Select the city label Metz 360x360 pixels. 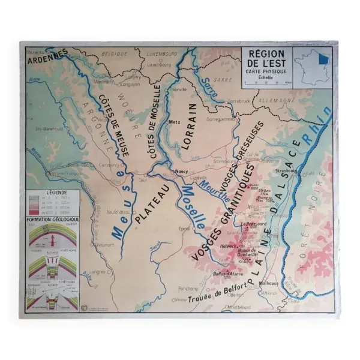pos(175,121)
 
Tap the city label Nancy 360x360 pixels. pos(181,171)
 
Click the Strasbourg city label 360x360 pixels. pos(288,170)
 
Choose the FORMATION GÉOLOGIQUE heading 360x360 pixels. pos(52,220)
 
